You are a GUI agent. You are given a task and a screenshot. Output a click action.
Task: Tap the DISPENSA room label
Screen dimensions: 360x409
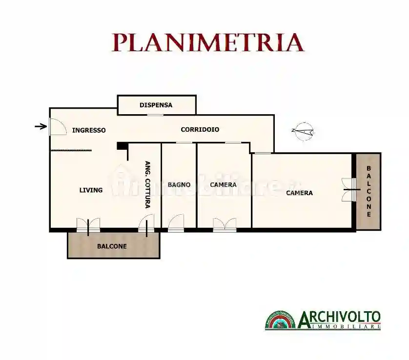coord(156,105)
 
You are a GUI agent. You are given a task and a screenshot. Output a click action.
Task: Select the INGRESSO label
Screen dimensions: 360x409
coord(89,130)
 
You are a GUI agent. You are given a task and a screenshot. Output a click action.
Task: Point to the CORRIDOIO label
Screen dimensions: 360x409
coord(200,130)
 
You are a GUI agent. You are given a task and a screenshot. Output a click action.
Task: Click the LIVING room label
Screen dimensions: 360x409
coord(91,190)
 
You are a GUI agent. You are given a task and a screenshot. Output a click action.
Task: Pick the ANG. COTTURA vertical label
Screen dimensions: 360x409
coord(147,185)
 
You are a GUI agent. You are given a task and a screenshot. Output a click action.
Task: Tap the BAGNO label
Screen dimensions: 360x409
coord(179,185)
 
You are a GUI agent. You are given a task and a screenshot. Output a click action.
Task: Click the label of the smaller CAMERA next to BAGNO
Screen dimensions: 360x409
coord(223,185)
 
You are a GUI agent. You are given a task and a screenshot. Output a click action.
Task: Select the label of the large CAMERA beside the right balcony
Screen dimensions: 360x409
coord(299,193)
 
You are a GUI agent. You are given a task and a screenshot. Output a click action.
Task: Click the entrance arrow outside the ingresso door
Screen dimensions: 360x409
coord(41,127)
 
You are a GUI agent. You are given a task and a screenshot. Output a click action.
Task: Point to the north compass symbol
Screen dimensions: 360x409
coord(304,131)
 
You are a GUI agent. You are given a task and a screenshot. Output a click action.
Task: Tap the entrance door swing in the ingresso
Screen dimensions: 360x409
coord(58,127)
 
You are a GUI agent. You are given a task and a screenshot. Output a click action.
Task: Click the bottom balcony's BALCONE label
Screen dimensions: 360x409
coord(112,246)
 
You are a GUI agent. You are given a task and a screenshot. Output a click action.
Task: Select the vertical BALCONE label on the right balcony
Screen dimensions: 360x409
coord(369,191)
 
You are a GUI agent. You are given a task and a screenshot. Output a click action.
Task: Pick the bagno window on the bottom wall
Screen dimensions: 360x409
coord(176,224)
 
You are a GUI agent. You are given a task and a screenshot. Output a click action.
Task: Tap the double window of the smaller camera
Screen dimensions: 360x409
coord(225,224)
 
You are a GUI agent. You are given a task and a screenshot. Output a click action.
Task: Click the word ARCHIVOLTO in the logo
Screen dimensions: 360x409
coord(339,318)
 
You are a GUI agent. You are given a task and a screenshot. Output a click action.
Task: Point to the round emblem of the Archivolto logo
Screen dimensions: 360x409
coord(281,320)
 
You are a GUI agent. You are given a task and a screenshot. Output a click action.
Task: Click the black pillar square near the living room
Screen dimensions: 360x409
coord(121,145)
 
